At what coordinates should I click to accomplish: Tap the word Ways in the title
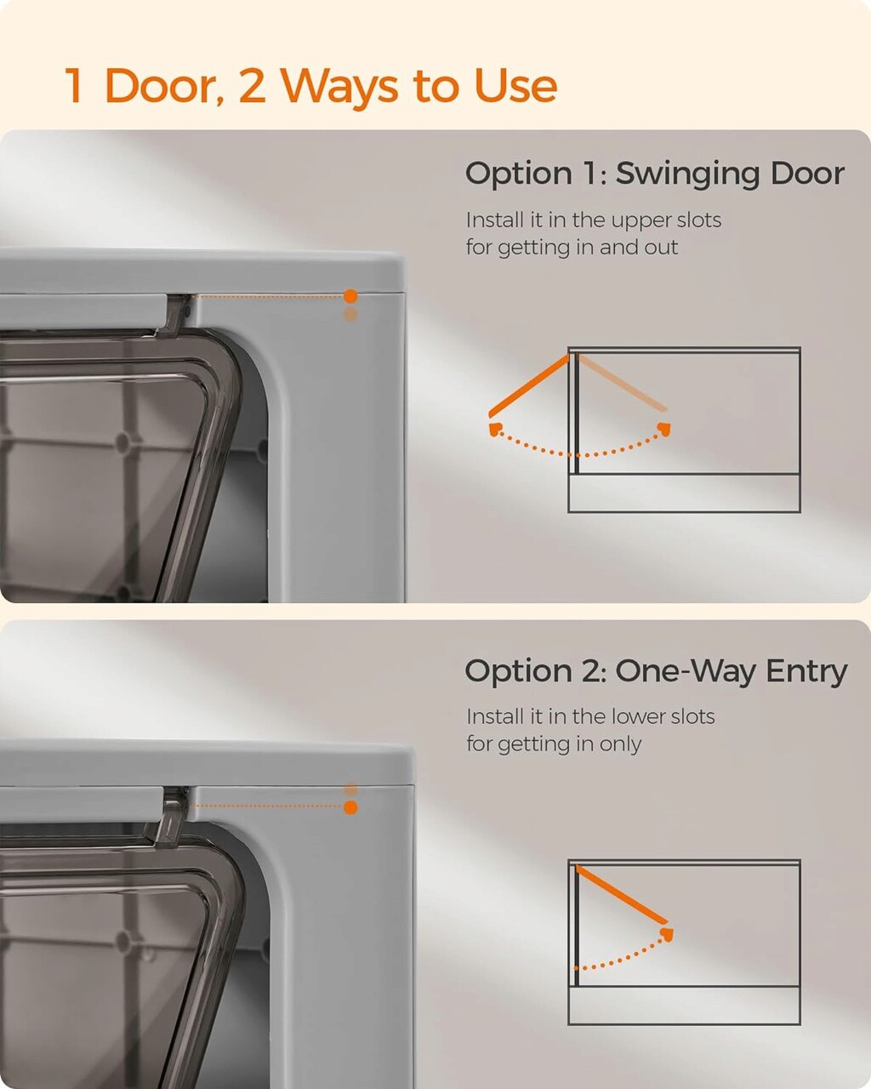click(340, 88)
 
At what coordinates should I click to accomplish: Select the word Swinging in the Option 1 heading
click(686, 174)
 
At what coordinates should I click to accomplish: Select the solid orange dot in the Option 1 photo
click(350, 296)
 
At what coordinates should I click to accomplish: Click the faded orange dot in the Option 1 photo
click(350, 314)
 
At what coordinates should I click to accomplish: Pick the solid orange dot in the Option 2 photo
click(350, 807)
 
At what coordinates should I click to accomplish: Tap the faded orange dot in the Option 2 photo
click(350, 789)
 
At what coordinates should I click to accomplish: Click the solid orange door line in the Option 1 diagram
click(529, 386)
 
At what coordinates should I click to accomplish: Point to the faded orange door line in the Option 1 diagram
click(623, 383)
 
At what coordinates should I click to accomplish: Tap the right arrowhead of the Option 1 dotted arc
click(664, 429)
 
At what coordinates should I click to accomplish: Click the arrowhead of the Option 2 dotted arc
click(667, 934)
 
